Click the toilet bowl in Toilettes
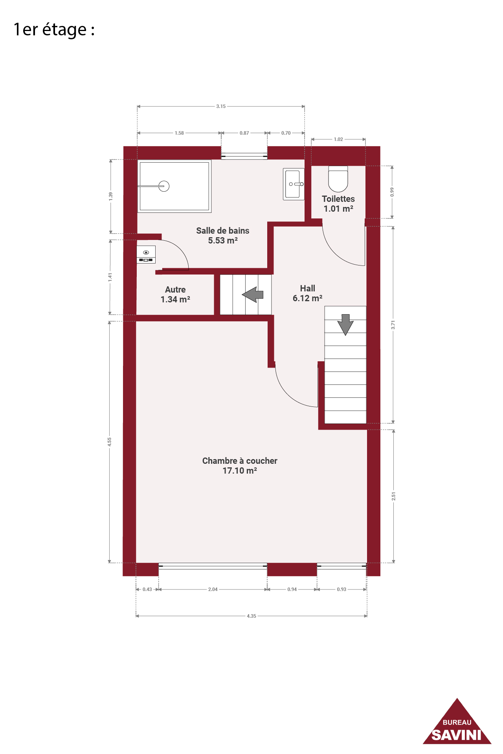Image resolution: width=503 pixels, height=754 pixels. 338,179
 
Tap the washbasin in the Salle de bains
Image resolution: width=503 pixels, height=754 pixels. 294,184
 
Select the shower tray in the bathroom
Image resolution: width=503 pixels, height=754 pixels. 174,186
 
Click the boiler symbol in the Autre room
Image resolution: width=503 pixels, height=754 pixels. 146,254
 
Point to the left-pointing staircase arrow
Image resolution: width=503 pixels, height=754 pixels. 252,295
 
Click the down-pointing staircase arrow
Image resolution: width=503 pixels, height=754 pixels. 345,324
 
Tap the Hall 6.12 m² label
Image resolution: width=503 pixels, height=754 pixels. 308,293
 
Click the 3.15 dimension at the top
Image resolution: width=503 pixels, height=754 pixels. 221,106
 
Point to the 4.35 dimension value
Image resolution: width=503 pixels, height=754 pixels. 251,616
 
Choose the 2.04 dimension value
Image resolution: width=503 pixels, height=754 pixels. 213,589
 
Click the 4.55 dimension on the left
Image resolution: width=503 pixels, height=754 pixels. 110,442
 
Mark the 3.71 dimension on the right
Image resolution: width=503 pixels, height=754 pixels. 393,325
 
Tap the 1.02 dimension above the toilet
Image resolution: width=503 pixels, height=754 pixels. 338,139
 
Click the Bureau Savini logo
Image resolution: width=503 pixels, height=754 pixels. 457,723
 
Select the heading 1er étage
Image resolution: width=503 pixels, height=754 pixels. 54,30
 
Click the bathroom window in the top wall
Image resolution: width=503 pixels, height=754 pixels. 244,156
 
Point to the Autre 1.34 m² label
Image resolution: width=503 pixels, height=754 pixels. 175,295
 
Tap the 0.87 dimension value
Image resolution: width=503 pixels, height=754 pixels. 244,133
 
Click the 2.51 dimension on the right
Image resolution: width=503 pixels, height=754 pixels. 393,496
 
